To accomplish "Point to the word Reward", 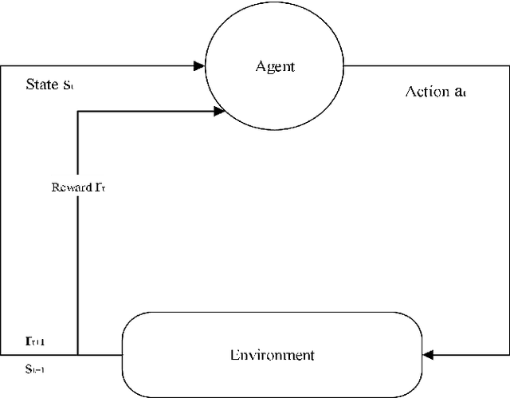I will click(x=69, y=188).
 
